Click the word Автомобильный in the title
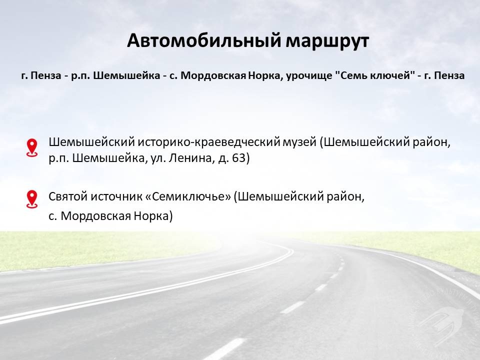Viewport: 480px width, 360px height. coord(204,40)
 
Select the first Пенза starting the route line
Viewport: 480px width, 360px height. coord(46,75)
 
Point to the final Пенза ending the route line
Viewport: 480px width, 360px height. coord(449,75)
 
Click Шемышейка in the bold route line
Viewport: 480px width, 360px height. coord(126,75)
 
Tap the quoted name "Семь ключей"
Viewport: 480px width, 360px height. coord(373,75)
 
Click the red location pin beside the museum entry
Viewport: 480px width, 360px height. coord(32,148)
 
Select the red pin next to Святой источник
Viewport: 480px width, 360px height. coord(32,199)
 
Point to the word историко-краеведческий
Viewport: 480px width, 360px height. coord(208,142)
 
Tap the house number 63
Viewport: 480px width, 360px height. coord(239,158)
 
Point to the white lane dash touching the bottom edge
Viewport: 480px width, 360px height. coord(225,349)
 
